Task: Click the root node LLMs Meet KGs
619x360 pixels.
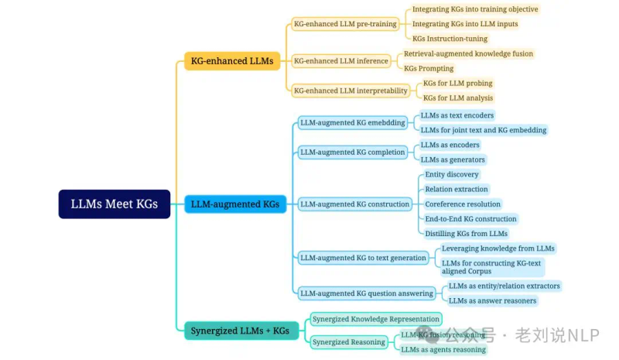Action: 115,204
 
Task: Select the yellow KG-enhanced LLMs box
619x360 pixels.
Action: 231,61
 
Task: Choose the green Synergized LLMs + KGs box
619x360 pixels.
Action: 240,331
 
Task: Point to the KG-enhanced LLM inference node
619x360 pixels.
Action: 340,61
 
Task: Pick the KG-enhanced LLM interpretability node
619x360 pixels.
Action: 351,91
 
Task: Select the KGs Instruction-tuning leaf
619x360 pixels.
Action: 449,39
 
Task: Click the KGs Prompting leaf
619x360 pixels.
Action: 429,68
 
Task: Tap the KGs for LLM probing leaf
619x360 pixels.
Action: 457,83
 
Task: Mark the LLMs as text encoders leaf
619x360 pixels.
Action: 457,115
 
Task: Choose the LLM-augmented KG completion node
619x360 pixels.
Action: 352,152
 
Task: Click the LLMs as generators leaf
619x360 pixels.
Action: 453,159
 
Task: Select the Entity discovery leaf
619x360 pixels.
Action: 452,174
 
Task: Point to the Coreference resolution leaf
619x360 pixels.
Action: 463,204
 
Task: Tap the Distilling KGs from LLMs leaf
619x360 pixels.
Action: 466,233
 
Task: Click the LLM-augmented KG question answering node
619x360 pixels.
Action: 367,293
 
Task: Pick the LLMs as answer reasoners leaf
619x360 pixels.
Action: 492,300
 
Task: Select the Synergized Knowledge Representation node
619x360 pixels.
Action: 376,319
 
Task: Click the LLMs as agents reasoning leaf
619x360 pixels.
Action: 443,349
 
